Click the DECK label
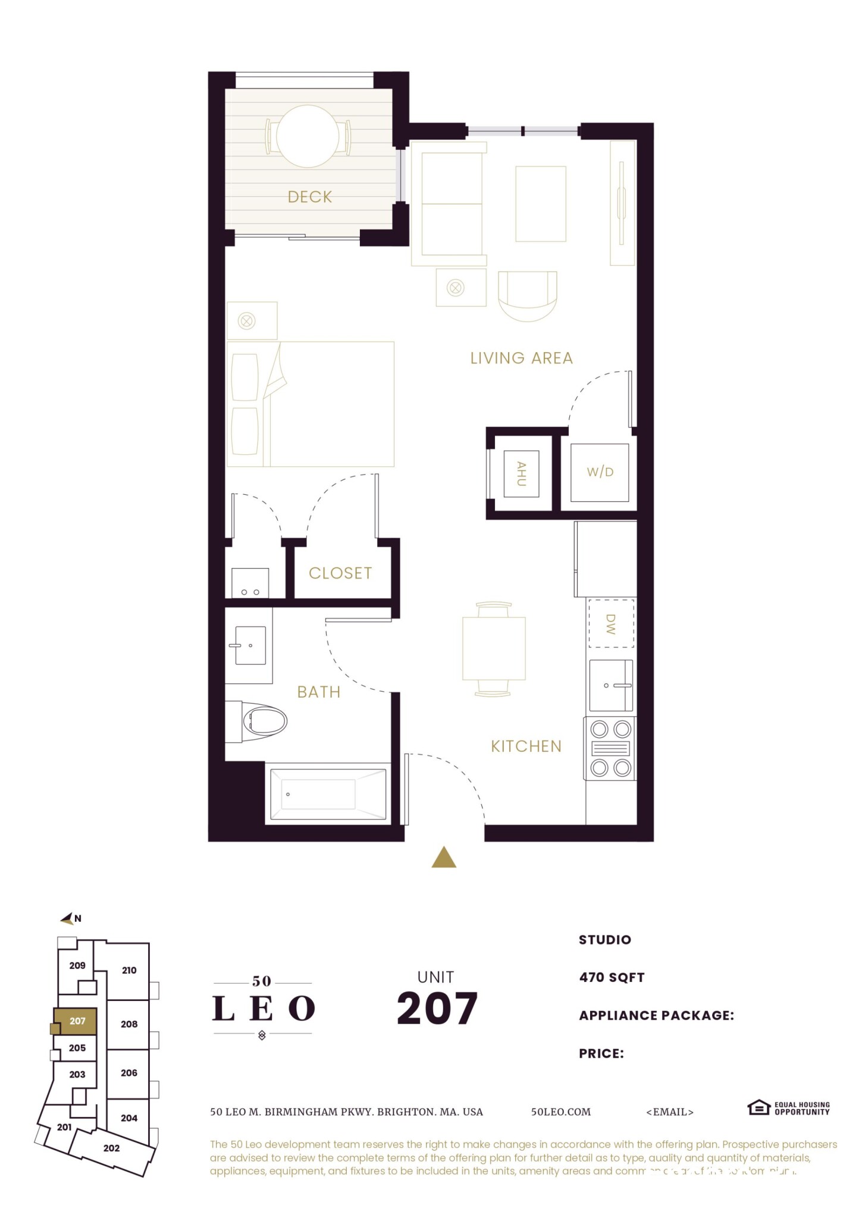pyautogui.click(x=309, y=197)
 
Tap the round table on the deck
pyautogui.click(x=308, y=136)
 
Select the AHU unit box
pyautogui.click(x=521, y=473)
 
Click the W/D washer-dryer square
pyautogui.click(x=600, y=472)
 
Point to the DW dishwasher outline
pyautogui.click(x=611, y=623)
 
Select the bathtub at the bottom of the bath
pyautogui.click(x=328, y=794)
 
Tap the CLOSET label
pyautogui.click(x=340, y=573)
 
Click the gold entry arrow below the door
pyautogui.click(x=444, y=858)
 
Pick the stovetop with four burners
pyautogui.click(x=610, y=748)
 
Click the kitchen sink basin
pyautogui.click(x=610, y=686)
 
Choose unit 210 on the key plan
pyautogui.click(x=129, y=970)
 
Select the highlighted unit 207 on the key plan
pyautogui.click(x=77, y=1021)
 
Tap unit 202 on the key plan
pyautogui.click(x=111, y=1148)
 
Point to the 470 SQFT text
pyautogui.click(x=612, y=977)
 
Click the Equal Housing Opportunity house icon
pyautogui.click(x=758, y=1107)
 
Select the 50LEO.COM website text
pyautogui.click(x=560, y=1112)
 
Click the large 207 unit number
pyautogui.click(x=437, y=1009)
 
